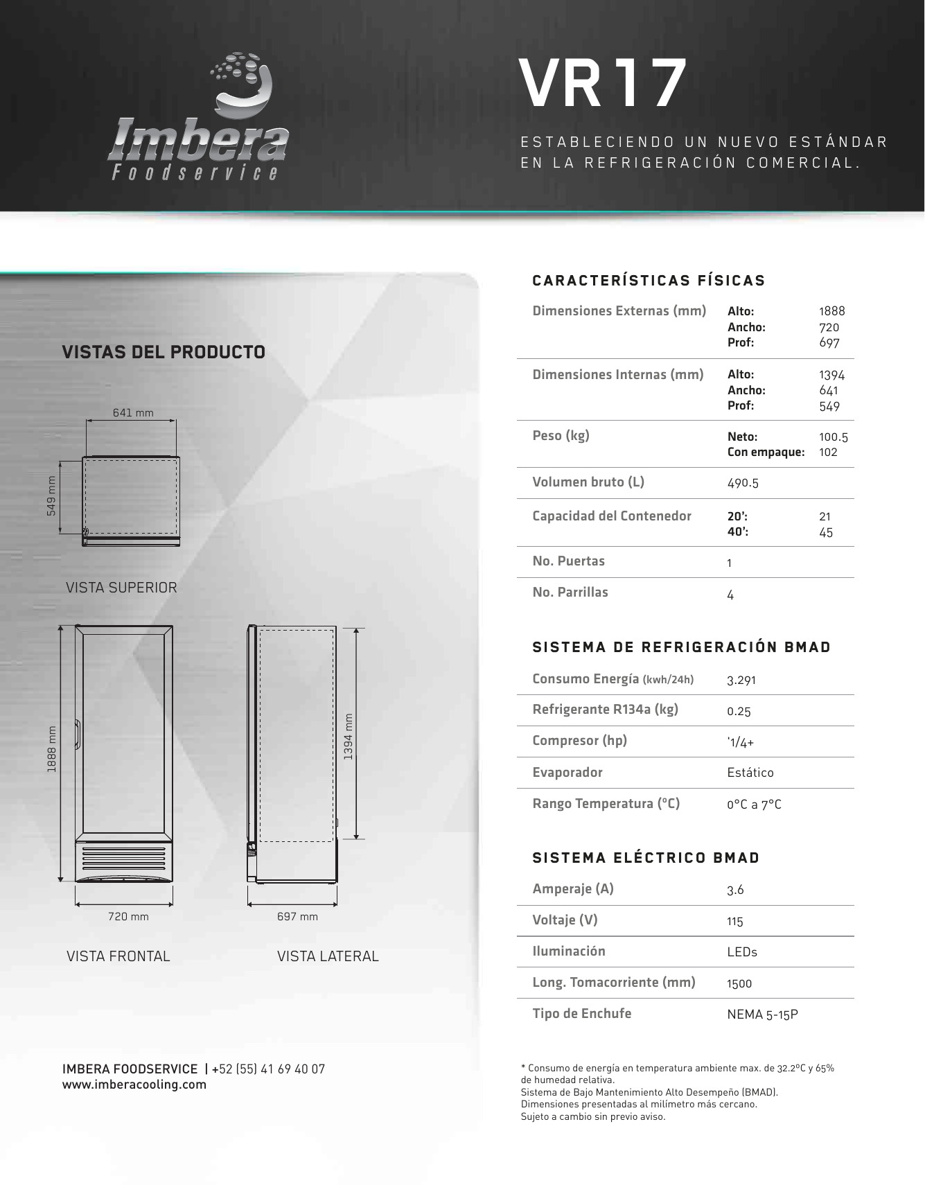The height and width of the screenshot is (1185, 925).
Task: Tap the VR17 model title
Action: (x=602, y=84)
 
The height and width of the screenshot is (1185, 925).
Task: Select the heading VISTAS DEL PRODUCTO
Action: (x=164, y=352)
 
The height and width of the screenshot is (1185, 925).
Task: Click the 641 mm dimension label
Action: (x=133, y=413)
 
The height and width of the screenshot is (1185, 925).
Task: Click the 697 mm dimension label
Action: (x=297, y=917)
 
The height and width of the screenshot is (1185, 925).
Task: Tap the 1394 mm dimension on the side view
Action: (x=349, y=736)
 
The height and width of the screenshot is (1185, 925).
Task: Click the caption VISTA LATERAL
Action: (x=328, y=956)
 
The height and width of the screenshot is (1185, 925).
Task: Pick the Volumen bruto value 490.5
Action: (x=743, y=483)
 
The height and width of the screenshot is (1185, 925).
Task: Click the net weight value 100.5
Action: (x=833, y=437)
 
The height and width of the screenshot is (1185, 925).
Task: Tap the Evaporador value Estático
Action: (x=750, y=773)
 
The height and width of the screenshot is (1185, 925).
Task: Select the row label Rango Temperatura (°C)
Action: (x=606, y=804)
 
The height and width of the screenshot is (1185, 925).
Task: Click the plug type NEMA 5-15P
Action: (x=762, y=1015)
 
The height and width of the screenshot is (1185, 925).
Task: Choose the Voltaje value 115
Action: (x=735, y=922)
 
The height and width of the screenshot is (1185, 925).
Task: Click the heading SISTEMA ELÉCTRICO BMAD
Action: (x=646, y=858)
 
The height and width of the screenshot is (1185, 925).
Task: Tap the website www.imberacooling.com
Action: (x=134, y=1085)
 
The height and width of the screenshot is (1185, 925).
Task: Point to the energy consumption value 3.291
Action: (x=741, y=680)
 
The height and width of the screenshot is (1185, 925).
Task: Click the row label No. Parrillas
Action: (x=570, y=592)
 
